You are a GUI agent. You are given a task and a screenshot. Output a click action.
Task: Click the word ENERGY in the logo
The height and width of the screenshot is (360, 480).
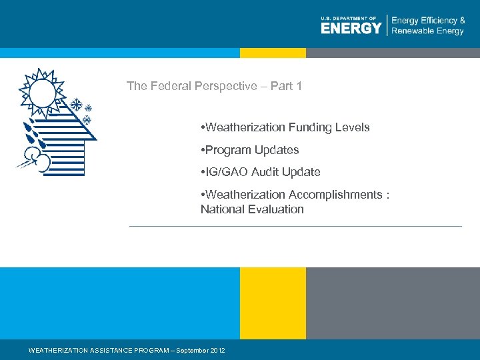tap(351, 28)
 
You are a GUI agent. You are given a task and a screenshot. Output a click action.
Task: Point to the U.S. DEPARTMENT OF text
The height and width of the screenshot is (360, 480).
tap(349, 18)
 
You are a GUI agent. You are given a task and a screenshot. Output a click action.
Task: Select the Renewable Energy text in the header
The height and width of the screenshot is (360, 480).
tap(427, 31)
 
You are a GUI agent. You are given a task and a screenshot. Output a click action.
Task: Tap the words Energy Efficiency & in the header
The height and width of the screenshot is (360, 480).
tap(428, 20)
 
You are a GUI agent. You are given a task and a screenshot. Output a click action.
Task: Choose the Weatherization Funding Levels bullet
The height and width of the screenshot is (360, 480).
tap(285, 127)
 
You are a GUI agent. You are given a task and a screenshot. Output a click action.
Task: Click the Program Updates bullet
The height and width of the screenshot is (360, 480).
tap(249, 150)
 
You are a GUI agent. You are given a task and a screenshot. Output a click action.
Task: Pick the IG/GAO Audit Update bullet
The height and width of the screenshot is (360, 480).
tap(260, 172)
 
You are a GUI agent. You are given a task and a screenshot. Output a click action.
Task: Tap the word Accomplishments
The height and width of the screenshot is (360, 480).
tap(335, 195)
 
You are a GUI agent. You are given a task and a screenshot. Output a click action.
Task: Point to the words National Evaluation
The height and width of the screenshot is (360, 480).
tap(252, 209)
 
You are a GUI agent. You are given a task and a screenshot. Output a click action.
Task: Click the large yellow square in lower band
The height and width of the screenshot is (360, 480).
tap(273, 303)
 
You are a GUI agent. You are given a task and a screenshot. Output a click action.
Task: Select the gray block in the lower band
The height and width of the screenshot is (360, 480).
tap(393, 303)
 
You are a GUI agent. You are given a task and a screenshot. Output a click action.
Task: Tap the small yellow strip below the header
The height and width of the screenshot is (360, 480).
tap(273, 53)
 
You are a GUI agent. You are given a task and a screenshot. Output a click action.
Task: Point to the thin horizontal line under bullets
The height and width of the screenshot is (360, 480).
tap(295, 227)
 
